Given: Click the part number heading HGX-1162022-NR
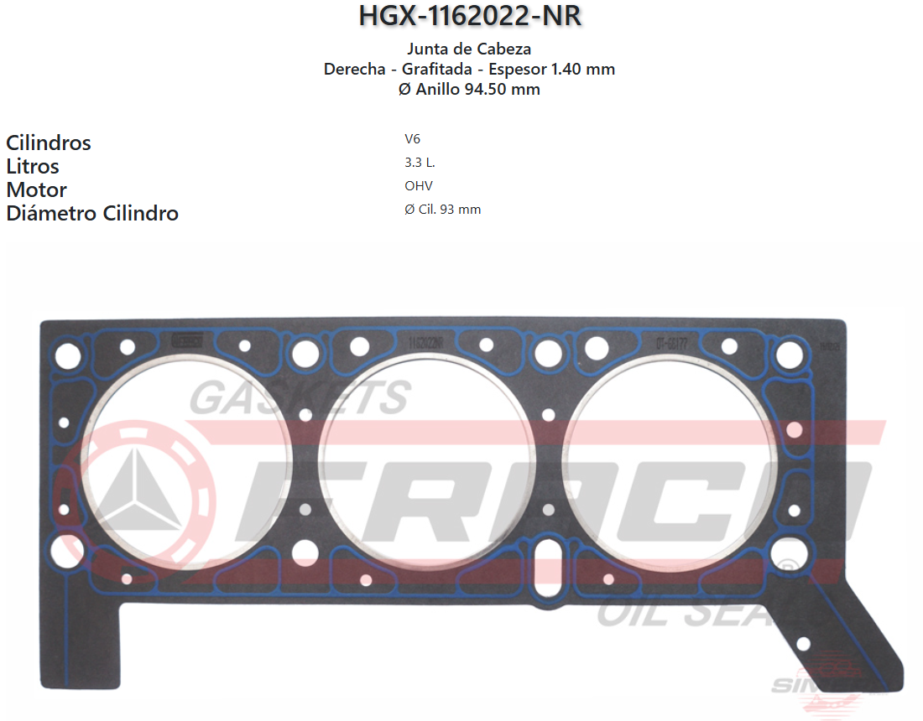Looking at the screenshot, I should pyautogui.click(x=469, y=17).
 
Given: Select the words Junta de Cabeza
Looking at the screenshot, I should pyautogui.click(x=469, y=49).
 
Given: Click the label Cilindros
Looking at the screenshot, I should pyautogui.click(x=49, y=143).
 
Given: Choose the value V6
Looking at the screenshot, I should pyautogui.click(x=412, y=139).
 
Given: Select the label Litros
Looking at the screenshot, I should pyautogui.click(x=33, y=166).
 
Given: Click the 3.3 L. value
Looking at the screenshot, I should pyautogui.click(x=420, y=163).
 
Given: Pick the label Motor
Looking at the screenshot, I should pyautogui.click(x=36, y=189).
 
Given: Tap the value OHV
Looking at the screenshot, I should pyautogui.click(x=418, y=186).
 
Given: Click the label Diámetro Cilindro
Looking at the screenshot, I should pyautogui.click(x=92, y=213).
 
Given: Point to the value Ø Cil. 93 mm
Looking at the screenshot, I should pyautogui.click(x=443, y=210).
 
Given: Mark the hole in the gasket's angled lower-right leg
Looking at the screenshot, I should pyautogui.click(x=803, y=644).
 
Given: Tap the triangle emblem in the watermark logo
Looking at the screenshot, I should pyautogui.click(x=133, y=491).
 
